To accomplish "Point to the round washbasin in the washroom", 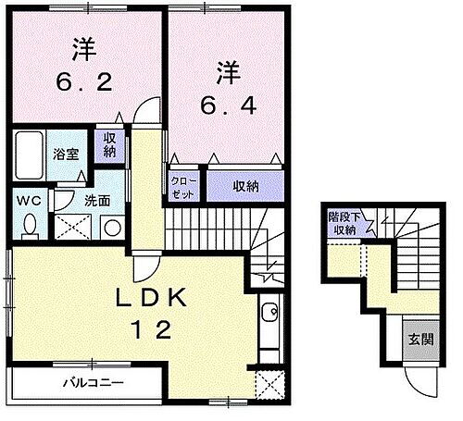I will pos(112,226).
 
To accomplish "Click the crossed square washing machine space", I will pos(70,226).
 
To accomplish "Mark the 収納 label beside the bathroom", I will pos(110,145).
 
